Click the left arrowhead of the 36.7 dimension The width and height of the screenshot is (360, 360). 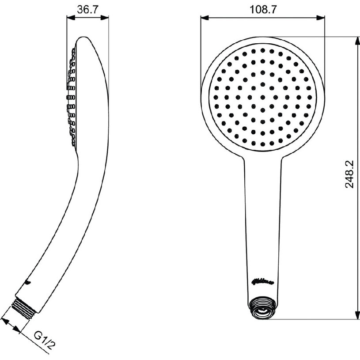[x=70, y=18]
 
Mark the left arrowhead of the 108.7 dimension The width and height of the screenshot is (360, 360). [x=204, y=18]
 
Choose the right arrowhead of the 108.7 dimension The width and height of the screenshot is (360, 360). [x=321, y=18]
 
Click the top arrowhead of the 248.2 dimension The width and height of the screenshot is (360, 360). [x=357, y=41]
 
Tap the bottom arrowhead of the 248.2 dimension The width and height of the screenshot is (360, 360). [x=357, y=315]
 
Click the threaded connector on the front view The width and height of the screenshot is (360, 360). [x=262, y=307]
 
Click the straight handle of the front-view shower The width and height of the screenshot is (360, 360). [x=262, y=221]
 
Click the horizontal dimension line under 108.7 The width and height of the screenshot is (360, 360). [x=262, y=18]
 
